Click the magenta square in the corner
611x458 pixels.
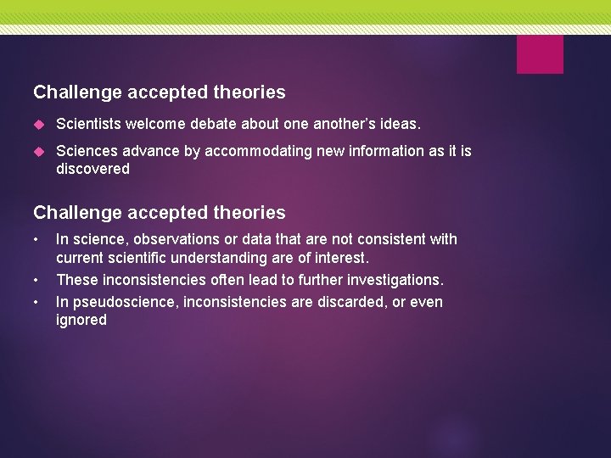(540, 54)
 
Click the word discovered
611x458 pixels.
(92, 169)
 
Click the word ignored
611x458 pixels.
(81, 320)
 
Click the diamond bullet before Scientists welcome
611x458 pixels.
(37, 125)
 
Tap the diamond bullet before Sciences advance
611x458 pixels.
(37, 151)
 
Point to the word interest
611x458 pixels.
(342, 258)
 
